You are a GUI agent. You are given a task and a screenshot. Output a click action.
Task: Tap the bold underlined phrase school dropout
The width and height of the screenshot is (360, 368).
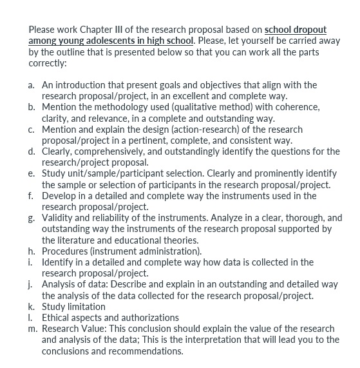pos(296,30)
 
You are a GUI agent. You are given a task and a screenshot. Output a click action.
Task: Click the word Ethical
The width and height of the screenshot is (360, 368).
pos(57,318)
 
